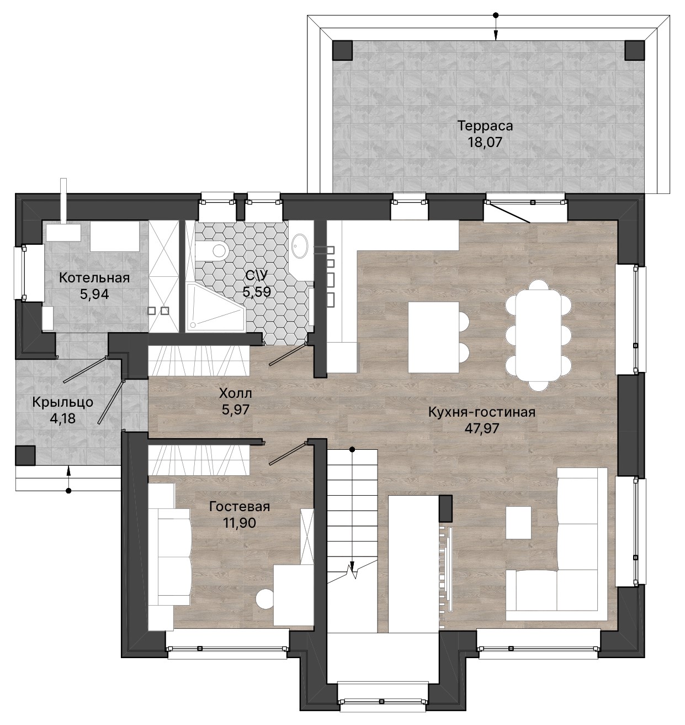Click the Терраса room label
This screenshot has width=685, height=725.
click(x=485, y=126)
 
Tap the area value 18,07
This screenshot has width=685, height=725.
click(x=485, y=143)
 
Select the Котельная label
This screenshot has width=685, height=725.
click(x=94, y=278)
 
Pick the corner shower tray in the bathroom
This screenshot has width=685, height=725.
click(x=215, y=307)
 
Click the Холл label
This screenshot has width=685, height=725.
click(x=236, y=393)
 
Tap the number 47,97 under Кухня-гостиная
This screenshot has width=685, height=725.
click(x=482, y=428)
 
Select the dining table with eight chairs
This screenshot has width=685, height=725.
click(x=538, y=335)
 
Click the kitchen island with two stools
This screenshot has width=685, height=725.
click(x=438, y=337)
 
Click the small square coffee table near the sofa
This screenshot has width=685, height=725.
click(x=518, y=523)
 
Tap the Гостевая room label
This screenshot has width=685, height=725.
click(x=240, y=507)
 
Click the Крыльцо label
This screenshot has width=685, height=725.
click(x=62, y=402)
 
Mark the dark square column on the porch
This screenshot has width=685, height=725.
click(x=25, y=455)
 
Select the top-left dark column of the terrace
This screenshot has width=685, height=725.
click(x=342, y=50)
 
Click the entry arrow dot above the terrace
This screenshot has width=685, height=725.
click(x=496, y=15)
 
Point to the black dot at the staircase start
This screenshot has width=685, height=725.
click(x=352, y=449)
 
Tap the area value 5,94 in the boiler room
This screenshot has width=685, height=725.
click(x=94, y=295)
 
